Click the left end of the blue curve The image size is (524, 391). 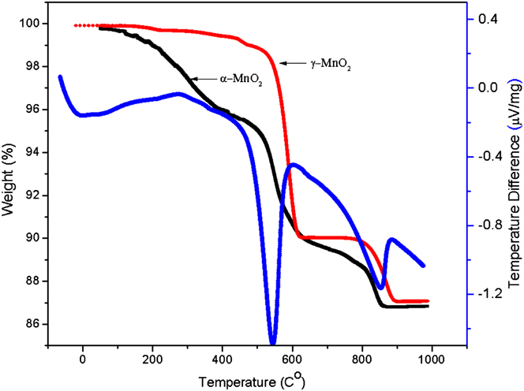click(x=60, y=76)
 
